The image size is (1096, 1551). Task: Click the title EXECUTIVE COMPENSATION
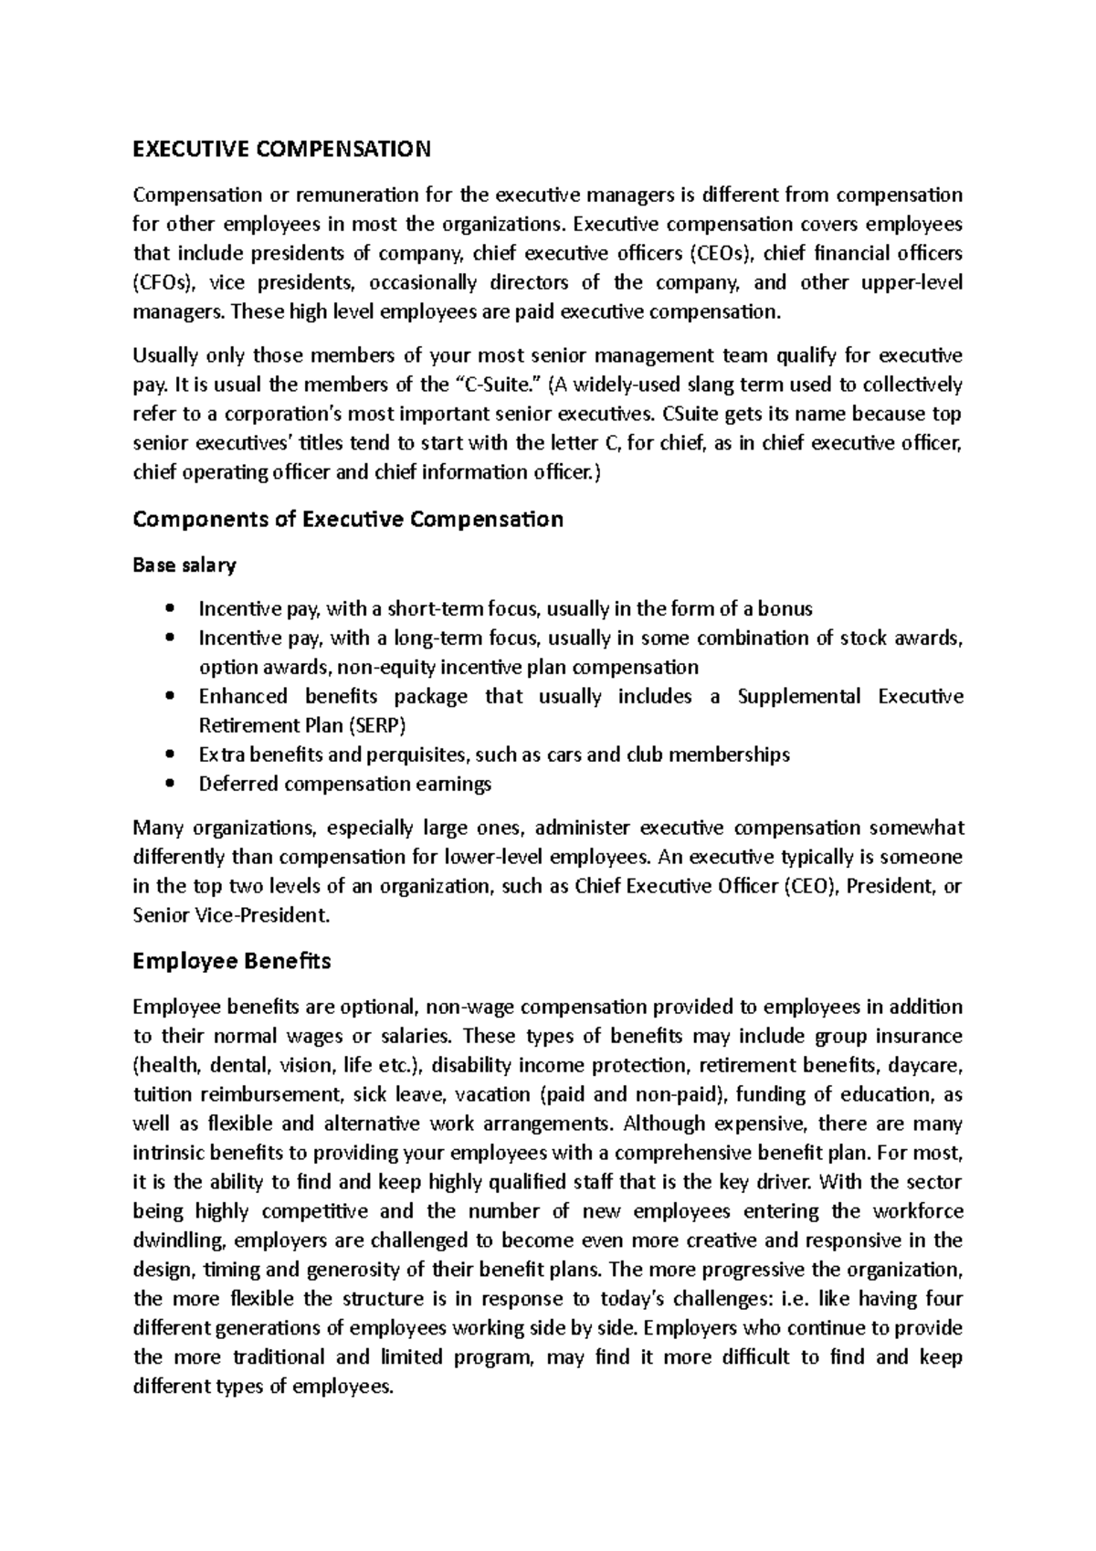[x=281, y=149]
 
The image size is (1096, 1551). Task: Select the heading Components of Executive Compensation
[x=348, y=520]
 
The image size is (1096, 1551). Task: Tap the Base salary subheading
[x=184, y=565]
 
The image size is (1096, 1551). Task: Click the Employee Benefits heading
[x=232, y=961]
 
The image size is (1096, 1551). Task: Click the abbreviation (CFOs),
[x=160, y=281]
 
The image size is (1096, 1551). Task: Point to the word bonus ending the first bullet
[x=786, y=608]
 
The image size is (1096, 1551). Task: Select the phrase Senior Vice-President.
[x=228, y=915]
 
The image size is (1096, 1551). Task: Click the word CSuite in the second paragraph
[x=692, y=414]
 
